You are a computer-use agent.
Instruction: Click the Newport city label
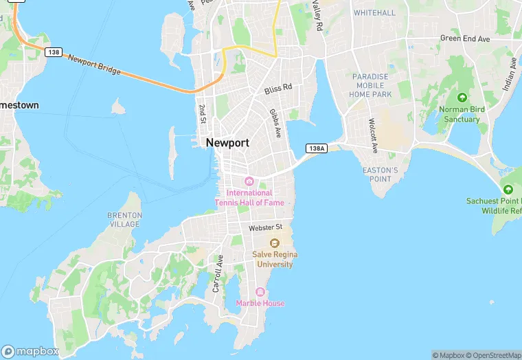[227, 142]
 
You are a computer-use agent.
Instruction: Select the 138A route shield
[316, 148]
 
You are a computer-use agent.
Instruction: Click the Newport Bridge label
[94, 65]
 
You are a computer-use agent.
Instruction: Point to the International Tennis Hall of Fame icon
[249, 181]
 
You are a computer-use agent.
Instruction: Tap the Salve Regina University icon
[274, 243]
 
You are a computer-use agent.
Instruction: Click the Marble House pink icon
[260, 292]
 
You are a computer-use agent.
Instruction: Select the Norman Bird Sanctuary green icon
[462, 98]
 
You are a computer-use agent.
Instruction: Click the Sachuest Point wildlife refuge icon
[508, 189]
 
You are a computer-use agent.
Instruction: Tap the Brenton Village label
[124, 219]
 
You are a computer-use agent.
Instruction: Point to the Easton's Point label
[381, 174]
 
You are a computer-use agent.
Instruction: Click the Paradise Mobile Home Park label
[370, 85]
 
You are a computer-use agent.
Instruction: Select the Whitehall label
[374, 12]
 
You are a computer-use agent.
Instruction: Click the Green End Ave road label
[465, 38]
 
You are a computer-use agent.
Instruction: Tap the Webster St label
[266, 227]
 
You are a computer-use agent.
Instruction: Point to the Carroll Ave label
[218, 273]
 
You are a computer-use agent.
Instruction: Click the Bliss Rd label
[278, 89]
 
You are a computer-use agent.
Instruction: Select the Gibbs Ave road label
[275, 122]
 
